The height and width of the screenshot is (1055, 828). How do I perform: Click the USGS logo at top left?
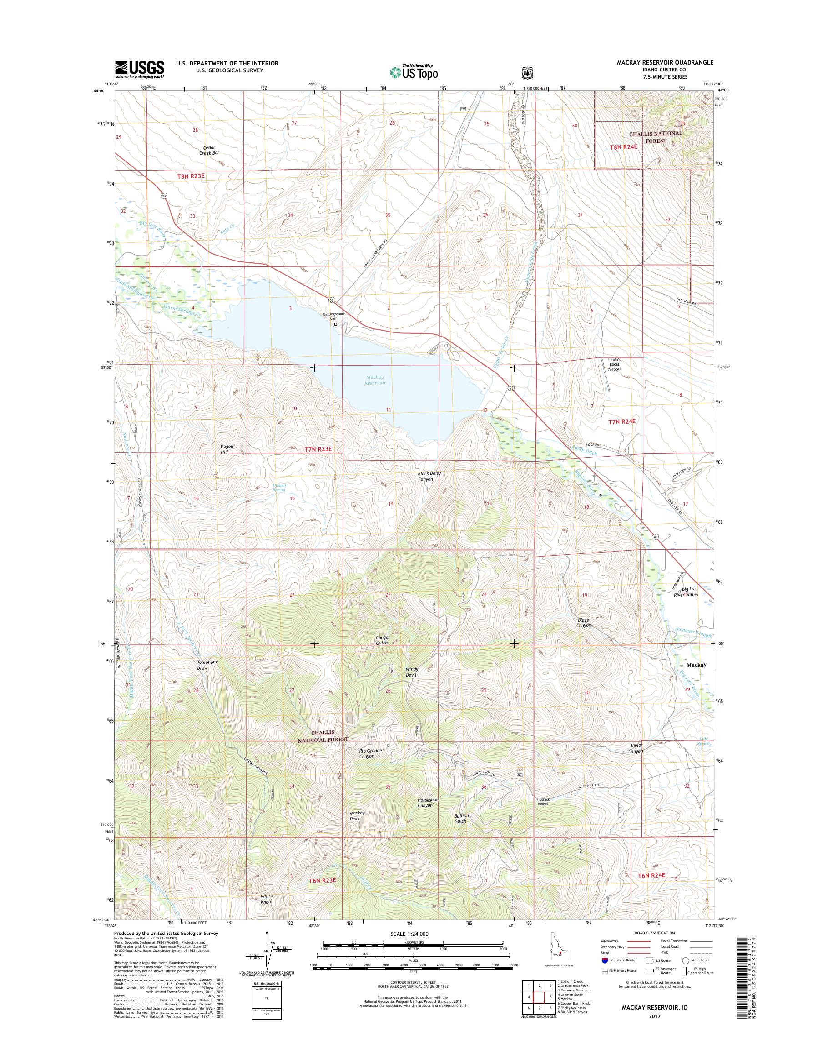coord(139,70)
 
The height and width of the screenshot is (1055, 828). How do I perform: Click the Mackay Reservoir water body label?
coord(375,380)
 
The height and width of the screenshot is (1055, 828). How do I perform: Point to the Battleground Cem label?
coord(334,316)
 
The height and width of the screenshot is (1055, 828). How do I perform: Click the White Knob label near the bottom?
coord(266,899)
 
